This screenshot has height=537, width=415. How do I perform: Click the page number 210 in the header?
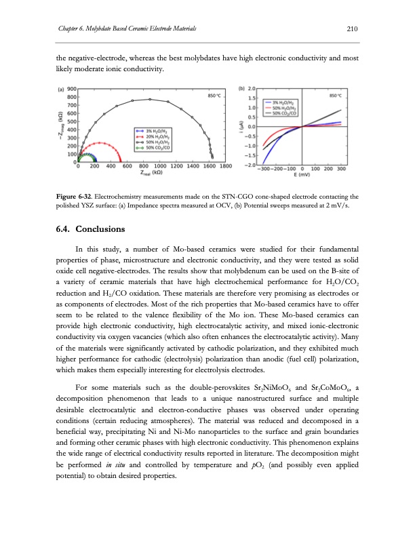(352, 28)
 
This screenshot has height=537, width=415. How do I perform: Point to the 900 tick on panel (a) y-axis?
(71, 89)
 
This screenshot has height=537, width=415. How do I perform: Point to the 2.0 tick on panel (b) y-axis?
(252, 89)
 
